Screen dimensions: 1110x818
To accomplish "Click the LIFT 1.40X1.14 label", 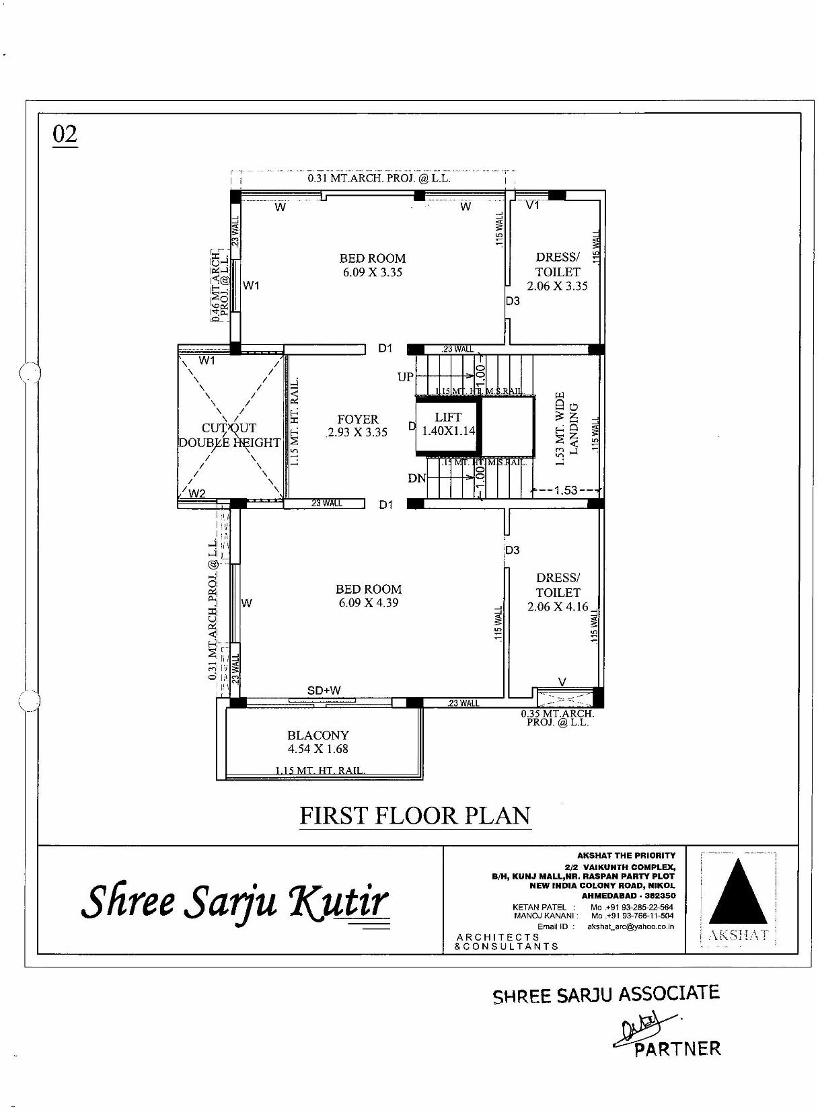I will pyautogui.click(x=448, y=424).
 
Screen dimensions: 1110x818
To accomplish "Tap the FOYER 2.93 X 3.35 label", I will pyautogui.click(x=357, y=426).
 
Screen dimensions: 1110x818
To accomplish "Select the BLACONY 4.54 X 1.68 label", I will pyautogui.click(x=318, y=742).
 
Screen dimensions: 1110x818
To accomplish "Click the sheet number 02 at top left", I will pyautogui.click(x=65, y=134).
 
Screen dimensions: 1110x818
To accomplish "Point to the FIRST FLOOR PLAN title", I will pyautogui.click(x=415, y=816).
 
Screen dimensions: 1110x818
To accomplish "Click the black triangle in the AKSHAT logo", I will pyautogui.click(x=738, y=892).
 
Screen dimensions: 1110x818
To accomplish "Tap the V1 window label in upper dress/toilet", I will pyautogui.click(x=533, y=206).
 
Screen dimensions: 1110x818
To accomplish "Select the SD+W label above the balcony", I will pyautogui.click(x=324, y=690).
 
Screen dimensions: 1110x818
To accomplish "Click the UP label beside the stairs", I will pyautogui.click(x=405, y=377).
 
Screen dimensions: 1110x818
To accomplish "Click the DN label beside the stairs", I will pyautogui.click(x=416, y=479).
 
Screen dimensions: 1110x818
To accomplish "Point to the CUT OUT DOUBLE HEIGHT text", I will pyautogui.click(x=229, y=435).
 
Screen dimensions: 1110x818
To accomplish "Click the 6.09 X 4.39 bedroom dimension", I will pyautogui.click(x=369, y=603).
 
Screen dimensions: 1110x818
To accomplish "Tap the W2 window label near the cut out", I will pyautogui.click(x=197, y=493).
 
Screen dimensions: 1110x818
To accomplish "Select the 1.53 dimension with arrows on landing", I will pyautogui.click(x=566, y=490).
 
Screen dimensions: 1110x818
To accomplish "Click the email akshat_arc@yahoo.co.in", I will pyautogui.click(x=630, y=926).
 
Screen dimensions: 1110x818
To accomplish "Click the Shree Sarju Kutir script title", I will pyautogui.click(x=235, y=902).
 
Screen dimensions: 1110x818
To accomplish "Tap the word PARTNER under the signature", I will pyautogui.click(x=678, y=1048).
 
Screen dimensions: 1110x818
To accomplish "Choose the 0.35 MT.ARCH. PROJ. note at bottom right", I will pyautogui.click(x=558, y=718).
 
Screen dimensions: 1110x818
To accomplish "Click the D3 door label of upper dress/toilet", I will pyautogui.click(x=513, y=301).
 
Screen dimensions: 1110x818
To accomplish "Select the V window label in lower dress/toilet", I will pyautogui.click(x=562, y=682).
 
